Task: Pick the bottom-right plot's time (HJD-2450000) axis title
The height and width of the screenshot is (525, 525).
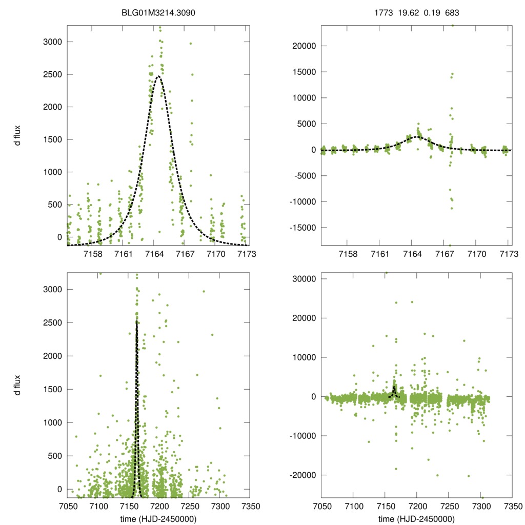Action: point(416,519)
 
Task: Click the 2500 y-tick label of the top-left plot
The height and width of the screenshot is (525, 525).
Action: point(51,74)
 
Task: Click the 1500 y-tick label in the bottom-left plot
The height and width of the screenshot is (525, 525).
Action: point(51,389)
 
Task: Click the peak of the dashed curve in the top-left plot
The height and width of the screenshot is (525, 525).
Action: point(158,76)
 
